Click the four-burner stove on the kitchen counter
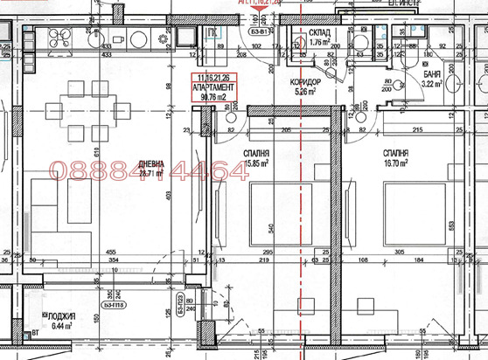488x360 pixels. click(61, 38)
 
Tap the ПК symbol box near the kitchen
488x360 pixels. click(213, 33)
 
